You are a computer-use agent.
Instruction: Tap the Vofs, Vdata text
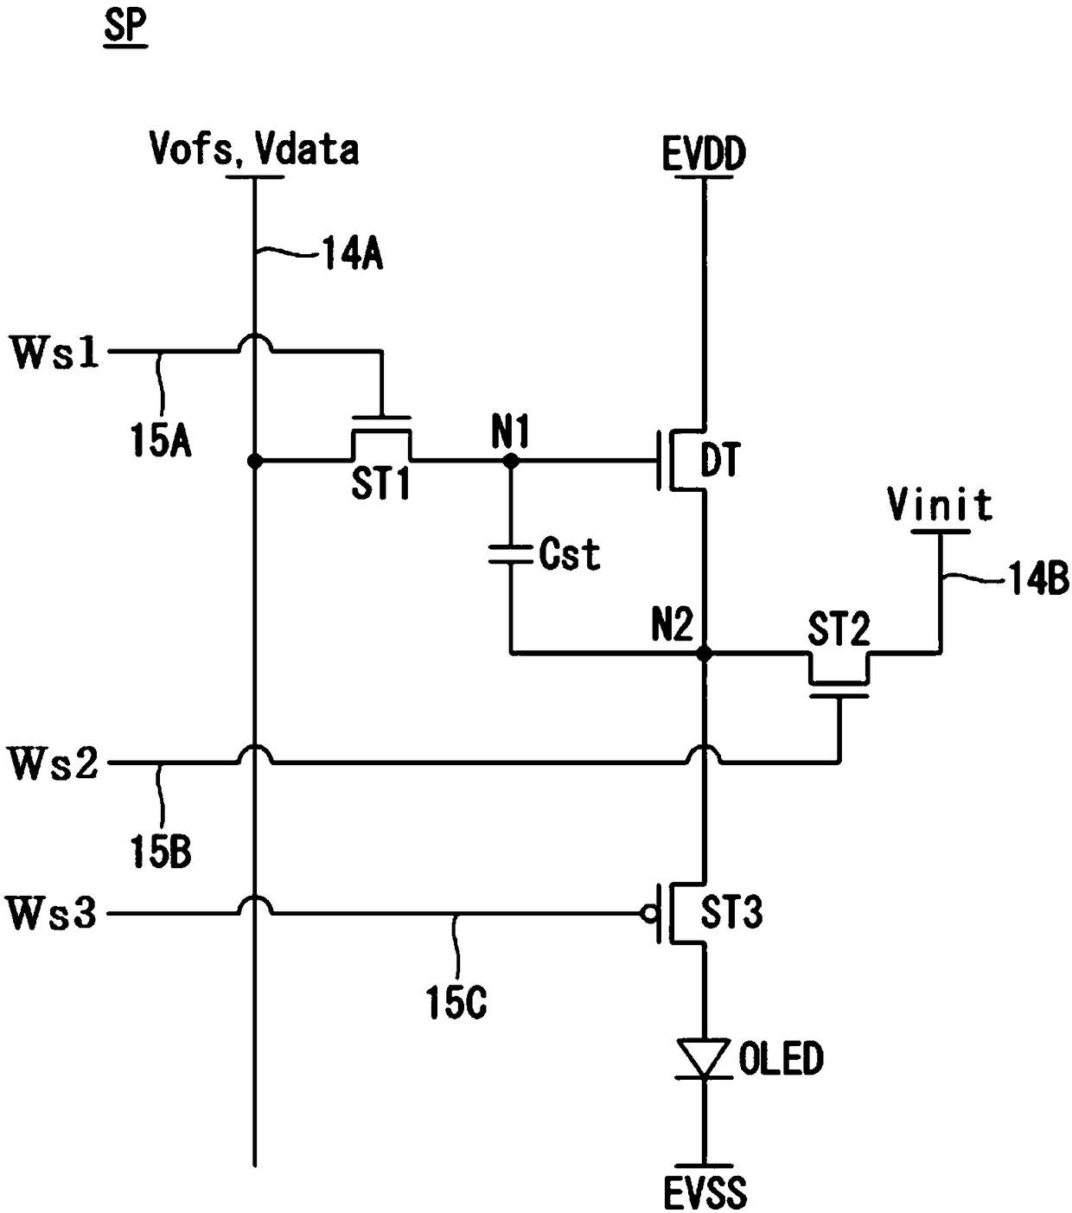(254, 149)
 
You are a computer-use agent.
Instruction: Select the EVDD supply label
(704, 154)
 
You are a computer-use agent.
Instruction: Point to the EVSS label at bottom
(705, 1192)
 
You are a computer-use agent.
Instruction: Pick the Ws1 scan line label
(54, 352)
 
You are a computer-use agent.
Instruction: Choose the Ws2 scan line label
(54, 763)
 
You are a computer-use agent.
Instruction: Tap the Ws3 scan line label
(52, 914)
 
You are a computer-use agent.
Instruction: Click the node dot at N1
(511, 461)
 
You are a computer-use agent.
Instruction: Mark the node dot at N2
(705, 654)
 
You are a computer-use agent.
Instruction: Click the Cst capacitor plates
(510, 554)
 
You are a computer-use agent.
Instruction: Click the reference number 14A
(352, 254)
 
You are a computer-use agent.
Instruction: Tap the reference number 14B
(1039, 579)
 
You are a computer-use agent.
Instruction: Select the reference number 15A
(161, 442)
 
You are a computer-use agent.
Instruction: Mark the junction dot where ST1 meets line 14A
(255, 461)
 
